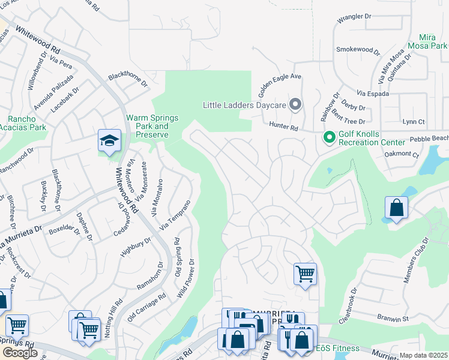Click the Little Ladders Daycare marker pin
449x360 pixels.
point(295,105)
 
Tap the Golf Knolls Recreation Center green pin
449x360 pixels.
point(329,137)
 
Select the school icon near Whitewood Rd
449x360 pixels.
point(110,142)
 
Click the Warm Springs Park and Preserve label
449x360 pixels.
point(152,127)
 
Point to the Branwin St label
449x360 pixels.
point(393,316)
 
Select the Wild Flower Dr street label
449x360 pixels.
point(187,279)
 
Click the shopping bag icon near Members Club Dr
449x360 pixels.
point(396,208)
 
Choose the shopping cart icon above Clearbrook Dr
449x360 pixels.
point(305,274)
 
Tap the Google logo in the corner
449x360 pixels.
point(20,353)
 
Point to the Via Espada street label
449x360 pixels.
point(373,94)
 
